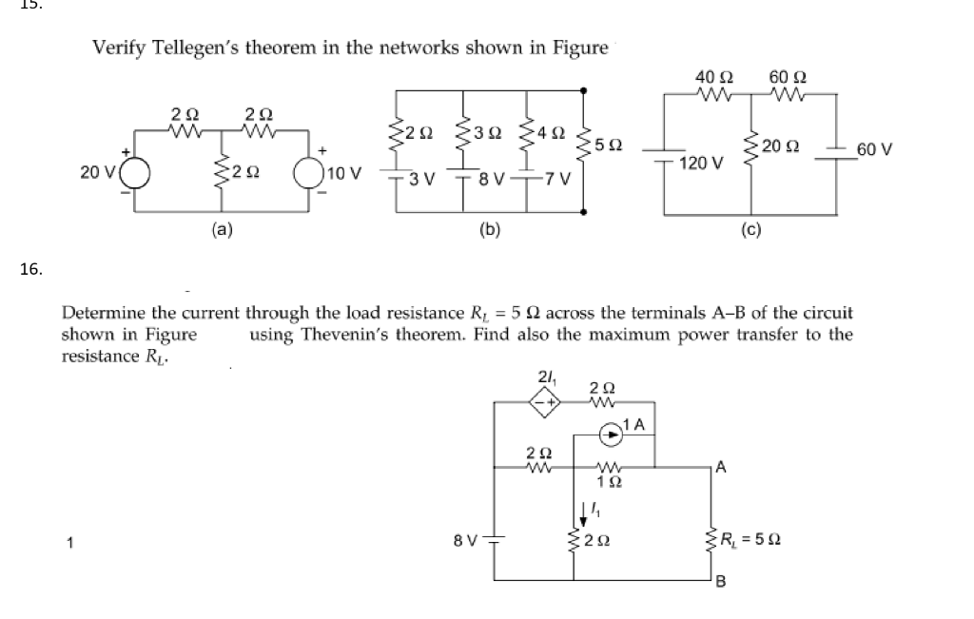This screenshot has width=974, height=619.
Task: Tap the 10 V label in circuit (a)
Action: pos(342,173)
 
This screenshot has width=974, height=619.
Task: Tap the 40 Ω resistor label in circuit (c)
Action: pos(712,75)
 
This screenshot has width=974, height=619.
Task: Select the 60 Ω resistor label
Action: pos(788,75)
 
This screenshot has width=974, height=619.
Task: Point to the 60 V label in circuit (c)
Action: pos(874,148)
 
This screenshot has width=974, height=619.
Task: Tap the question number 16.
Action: pos(31,269)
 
